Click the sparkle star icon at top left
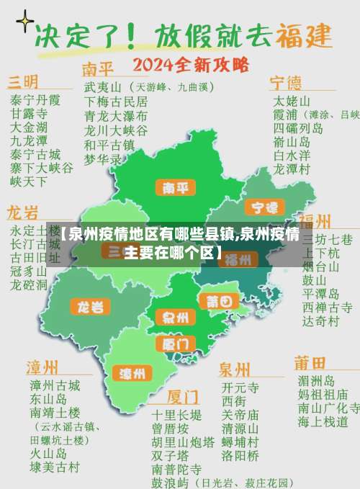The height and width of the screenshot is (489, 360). coord(25,22)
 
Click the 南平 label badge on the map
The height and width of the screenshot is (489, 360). coord(176,188)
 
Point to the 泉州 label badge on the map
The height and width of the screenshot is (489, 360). coord(175,316)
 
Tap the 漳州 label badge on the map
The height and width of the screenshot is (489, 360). coord(132,373)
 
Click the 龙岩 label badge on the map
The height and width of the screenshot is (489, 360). coord(90,307)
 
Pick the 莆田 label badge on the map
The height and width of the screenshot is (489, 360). coord(218,301)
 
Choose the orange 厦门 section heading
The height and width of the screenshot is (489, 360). coord(183,397)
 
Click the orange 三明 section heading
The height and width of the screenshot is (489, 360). coord(24,80)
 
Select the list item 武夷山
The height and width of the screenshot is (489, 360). coord(101,86)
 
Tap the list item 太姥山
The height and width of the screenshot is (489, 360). coord(291,100)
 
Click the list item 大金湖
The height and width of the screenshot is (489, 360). coord(27,127)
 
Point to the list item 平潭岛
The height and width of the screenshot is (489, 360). coord(320,294)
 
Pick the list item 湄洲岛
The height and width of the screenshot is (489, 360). coord(315,381)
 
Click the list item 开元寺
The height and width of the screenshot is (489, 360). coord(240,387)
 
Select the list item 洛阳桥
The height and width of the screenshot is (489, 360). coord(240,455)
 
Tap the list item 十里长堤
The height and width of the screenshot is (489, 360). coord(176,415)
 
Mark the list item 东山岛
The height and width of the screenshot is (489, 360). coord(48,399)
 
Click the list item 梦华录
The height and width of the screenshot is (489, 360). coord(102,158)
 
